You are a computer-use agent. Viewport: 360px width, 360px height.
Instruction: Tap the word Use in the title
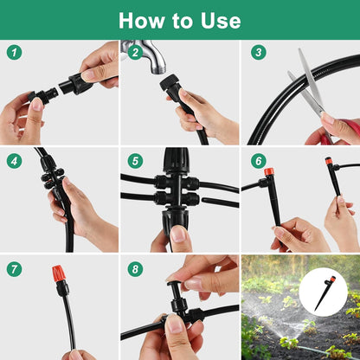coord(220,20)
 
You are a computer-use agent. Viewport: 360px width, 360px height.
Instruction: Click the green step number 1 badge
coord(14,52)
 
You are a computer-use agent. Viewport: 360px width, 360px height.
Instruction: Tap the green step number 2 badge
coord(134,52)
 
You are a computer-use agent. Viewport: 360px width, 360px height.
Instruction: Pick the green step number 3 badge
coord(258,52)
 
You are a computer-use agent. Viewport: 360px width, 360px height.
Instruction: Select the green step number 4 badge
coord(14,160)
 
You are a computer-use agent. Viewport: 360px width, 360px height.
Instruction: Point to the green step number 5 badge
coord(134,160)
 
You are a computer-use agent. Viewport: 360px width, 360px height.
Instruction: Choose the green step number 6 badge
coord(258,160)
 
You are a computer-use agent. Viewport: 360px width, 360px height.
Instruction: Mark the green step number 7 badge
coord(14,269)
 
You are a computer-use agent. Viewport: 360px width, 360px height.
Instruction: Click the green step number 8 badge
coord(134,269)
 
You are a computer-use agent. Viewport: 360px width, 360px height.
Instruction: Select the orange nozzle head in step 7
coord(60,274)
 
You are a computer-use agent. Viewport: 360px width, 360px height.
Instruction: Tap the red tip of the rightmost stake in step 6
coord(329,161)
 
